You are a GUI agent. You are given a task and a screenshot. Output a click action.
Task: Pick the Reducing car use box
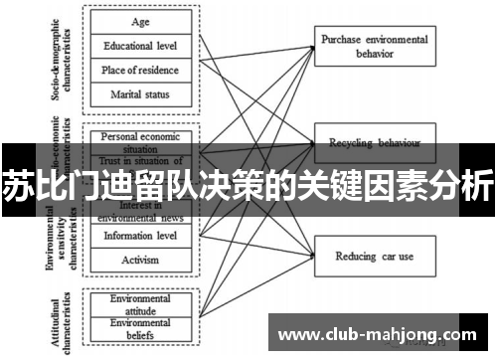click(x=374, y=256)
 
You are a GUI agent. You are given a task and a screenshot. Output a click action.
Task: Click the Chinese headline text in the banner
click(x=248, y=184)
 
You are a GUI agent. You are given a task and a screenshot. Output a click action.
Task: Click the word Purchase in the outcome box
click(x=344, y=39)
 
